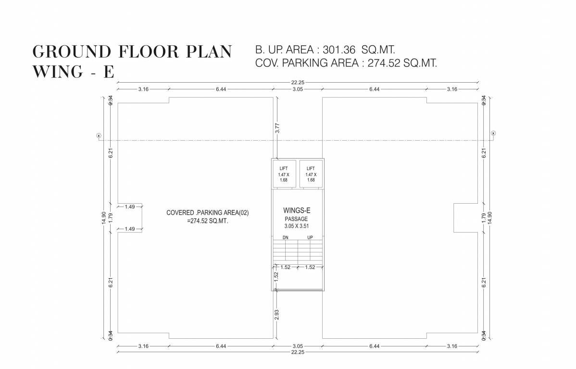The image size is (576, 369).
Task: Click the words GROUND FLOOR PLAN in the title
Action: tap(132, 51)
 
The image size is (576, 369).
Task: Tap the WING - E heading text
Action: tap(73, 72)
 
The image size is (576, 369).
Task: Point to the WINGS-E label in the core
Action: tap(297, 210)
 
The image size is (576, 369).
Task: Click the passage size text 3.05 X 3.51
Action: tap(297, 225)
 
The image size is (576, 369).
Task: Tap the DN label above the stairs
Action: tap(285, 237)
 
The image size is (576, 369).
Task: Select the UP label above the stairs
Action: tap(310, 237)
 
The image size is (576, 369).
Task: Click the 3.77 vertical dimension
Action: tap(277, 128)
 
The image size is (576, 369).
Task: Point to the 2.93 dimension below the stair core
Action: tap(277, 315)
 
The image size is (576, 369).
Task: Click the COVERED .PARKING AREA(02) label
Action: tap(207, 212)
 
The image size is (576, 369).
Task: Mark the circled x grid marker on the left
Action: tap(99, 135)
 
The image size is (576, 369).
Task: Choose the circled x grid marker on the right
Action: tap(493, 133)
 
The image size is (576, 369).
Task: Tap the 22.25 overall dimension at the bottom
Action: tap(297, 352)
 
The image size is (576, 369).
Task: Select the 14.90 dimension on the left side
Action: tap(103, 218)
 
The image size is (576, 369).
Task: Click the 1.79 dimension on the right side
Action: tap(484, 217)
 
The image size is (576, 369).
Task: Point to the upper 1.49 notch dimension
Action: tap(129, 207)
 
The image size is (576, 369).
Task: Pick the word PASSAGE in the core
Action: tap(296, 219)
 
